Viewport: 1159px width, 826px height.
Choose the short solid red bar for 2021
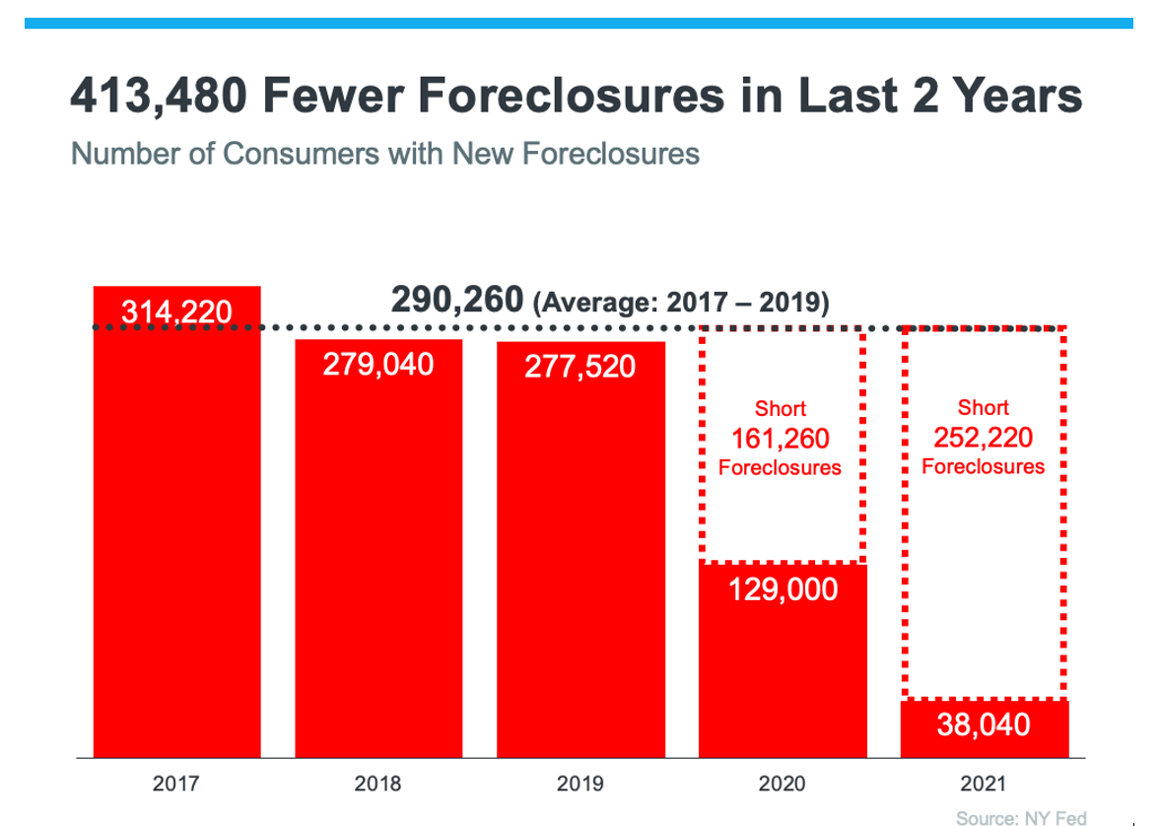click(x=985, y=729)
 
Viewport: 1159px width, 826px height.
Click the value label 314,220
click(x=176, y=312)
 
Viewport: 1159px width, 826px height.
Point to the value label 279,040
click(x=378, y=364)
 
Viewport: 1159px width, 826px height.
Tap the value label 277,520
click(x=580, y=367)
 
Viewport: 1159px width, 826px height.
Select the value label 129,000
click(x=783, y=589)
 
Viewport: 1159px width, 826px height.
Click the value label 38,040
click(x=985, y=726)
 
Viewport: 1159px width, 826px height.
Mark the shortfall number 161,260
click(x=780, y=438)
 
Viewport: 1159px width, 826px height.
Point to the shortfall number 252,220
click(x=984, y=437)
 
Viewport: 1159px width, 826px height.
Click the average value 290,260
click(x=457, y=299)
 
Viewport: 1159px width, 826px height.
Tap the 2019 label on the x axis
click(x=580, y=785)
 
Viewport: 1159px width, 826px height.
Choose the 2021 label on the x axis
click(x=985, y=785)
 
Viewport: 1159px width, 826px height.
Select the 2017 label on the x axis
click(x=176, y=785)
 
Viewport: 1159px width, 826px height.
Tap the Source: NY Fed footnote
click(x=1021, y=818)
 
